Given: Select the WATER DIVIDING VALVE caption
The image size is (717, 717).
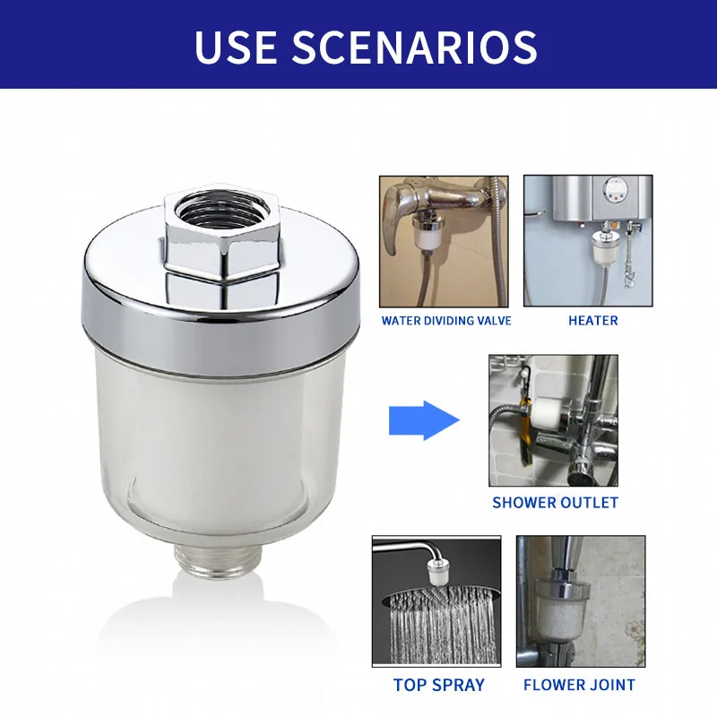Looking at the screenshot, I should tap(446, 320).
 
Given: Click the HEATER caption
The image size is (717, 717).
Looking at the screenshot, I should tap(592, 320).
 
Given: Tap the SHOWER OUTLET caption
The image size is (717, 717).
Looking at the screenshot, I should tap(555, 503).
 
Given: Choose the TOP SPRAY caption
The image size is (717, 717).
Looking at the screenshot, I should tap(438, 685).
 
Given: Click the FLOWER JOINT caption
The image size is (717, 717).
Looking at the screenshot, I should tap(579, 685).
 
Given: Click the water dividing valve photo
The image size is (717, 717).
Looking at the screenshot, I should tap(444, 241).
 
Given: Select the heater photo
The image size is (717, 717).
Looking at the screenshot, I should tap(588, 241).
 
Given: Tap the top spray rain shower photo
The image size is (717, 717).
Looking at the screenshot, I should tap(436, 601).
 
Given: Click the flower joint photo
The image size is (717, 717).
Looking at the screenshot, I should tap(580, 601).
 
